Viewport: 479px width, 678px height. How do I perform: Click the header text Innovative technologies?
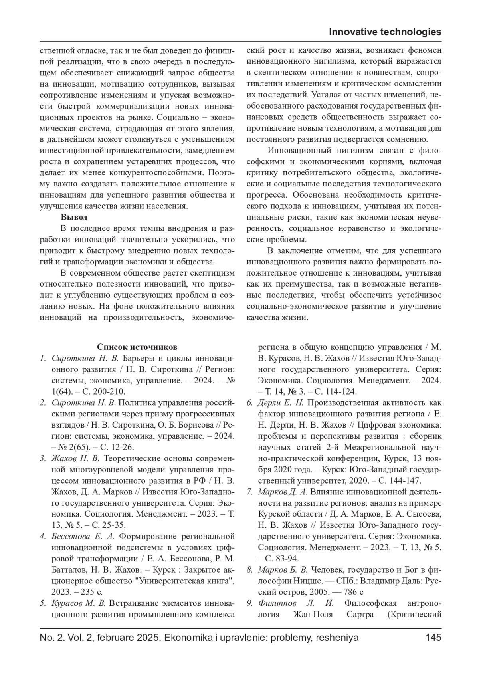[385, 32]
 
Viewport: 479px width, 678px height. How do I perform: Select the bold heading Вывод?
[74, 218]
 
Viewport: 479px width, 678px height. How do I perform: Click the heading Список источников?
[137, 347]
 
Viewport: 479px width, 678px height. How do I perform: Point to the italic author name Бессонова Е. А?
[83, 536]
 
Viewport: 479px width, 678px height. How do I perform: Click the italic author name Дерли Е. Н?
[281, 402]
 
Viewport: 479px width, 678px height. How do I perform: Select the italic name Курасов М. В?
[78, 603]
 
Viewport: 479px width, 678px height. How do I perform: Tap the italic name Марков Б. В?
[283, 570]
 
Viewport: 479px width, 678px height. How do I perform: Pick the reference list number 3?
[42, 458]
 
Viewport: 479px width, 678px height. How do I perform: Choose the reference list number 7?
[249, 492]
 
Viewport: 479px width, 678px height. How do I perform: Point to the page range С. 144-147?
[400, 480]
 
